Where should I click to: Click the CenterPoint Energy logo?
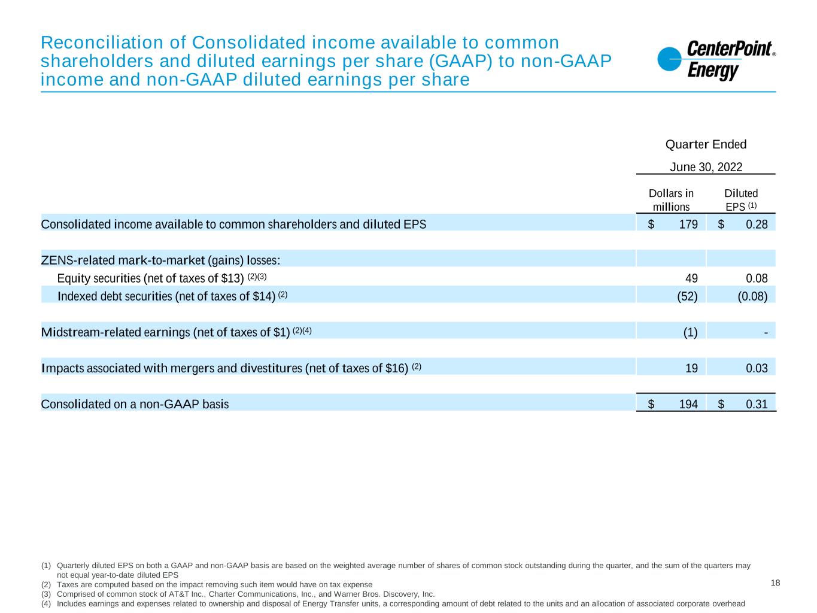pyautogui.click(x=716, y=60)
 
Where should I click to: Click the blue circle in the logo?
pyautogui.click(x=669, y=59)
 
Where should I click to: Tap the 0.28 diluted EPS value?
pyautogui.click(x=757, y=224)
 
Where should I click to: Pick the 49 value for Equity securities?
pyautogui.click(x=691, y=278)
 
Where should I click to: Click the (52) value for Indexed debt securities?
pyautogui.click(x=687, y=296)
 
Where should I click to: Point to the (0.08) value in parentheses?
pyautogui.click(x=752, y=296)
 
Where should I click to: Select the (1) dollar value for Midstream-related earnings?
pyautogui.click(x=690, y=332)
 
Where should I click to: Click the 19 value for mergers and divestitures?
pyautogui.click(x=691, y=368)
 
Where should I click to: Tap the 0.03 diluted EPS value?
pyautogui.click(x=757, y=368)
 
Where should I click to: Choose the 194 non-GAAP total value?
pyautogui.click(x=688, y=404)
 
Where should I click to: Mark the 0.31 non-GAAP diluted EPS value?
pyautogui.click(x=757, y=404)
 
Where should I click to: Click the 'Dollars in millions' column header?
pyautogui.click(x=671, y=200)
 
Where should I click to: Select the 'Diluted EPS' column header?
pyautogui.click(x=741, y=200)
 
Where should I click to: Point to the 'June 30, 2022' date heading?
pyautogui.click(x=706, y=167)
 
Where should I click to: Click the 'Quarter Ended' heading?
pyautogui.click(x=706, y=144)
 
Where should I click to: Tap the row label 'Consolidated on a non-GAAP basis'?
pyautogui.click(x=135, y=404)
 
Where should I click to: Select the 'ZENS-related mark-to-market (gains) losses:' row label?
pyautogui.click(x=160, y=260)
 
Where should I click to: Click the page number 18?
pyautogui.click(x=775, y=583)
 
